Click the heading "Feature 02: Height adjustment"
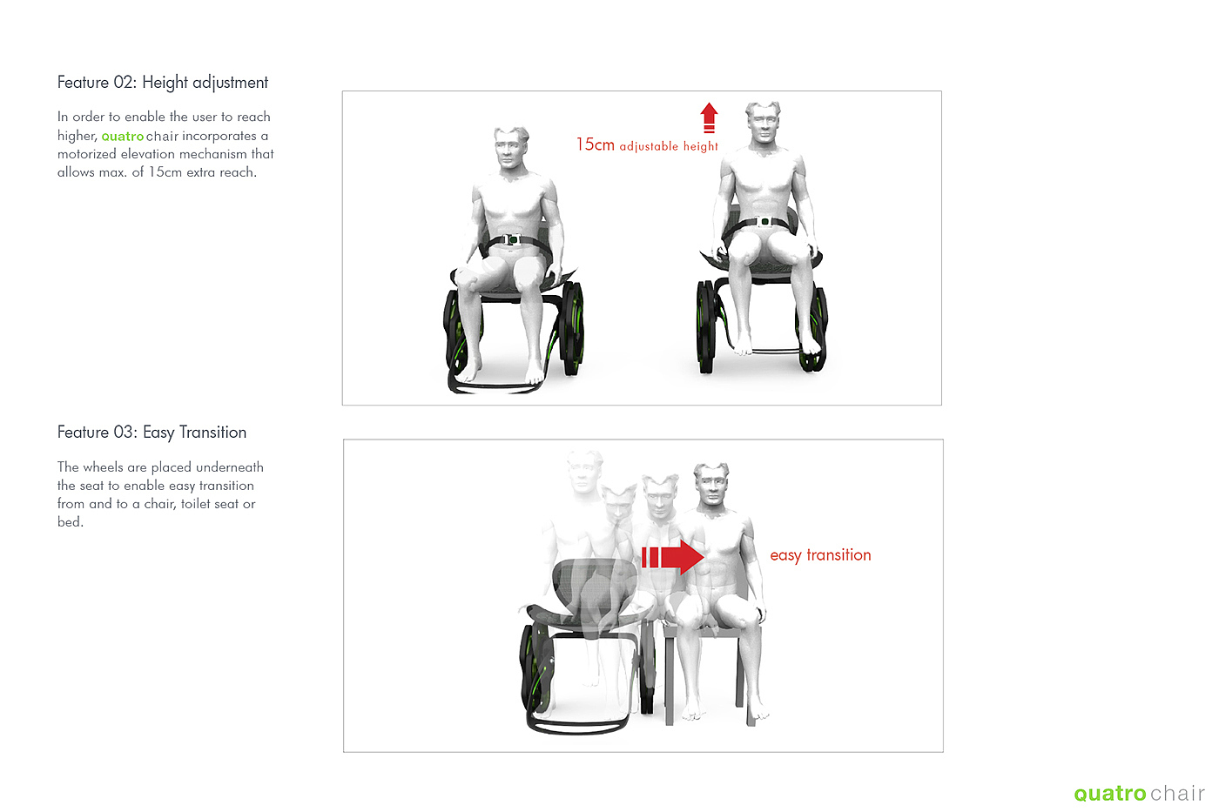[163, 83]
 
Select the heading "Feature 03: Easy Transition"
[152, 433]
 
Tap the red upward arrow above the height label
[709, 117]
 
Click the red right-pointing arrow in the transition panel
[673, 557]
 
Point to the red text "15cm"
[596, 144]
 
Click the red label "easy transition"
[820, 555]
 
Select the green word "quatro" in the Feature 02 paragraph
[123, 136]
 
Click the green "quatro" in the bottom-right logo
[1110, 794]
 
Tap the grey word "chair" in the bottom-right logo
[1177, 793]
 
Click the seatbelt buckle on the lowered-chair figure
[512, 239]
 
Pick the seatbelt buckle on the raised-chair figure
[764, 221]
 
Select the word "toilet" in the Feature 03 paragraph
[197, 504]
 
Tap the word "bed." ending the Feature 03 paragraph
[71, 522]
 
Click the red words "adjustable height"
[669, 146]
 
